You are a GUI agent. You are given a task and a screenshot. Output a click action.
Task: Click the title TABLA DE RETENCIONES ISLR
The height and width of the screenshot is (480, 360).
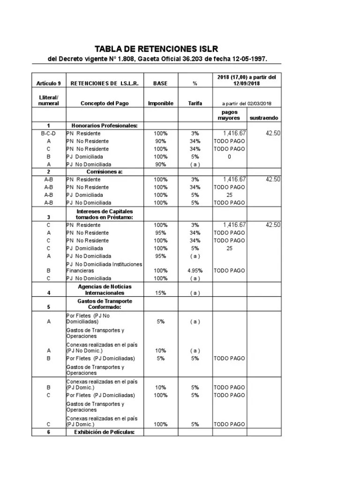click(x=156, y=49)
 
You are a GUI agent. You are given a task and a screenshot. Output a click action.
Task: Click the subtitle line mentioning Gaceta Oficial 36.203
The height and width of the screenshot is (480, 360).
click(x=158, y=60)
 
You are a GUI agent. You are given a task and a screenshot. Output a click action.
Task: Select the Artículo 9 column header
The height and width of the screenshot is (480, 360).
click(x=49, y=83)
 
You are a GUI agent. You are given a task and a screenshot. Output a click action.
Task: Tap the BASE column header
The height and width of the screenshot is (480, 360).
click(x=160, y=83)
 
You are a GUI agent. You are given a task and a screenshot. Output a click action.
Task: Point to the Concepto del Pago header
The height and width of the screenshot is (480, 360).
click(x=104, y=103)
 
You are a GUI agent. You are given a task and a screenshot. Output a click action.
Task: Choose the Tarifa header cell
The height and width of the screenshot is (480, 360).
click(x=195, y=103)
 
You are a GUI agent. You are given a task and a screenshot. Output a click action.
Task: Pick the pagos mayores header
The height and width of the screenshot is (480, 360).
click(x=228, y=115)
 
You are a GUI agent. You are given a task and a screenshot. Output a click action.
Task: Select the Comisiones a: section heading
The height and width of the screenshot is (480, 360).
click(x=104, y=172)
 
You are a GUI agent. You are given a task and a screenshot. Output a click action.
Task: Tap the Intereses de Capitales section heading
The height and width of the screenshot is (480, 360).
click(x=104, y=214)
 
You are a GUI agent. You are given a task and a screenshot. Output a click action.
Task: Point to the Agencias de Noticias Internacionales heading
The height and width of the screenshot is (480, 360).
click(x=104, y=290)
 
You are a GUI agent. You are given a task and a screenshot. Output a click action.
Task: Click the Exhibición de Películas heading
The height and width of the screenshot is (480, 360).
click(x=104, y=432)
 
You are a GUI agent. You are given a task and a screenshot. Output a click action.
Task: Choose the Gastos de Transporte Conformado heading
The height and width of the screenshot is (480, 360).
click(x=104, y=304)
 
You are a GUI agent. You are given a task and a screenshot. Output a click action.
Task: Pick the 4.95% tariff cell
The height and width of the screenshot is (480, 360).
click(x=195, y=270)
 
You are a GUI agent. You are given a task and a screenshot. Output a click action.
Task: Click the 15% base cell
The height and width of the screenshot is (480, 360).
click(x=160, y=293)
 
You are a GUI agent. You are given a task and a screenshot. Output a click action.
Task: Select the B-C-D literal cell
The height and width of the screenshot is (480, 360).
click(x=49, y=134)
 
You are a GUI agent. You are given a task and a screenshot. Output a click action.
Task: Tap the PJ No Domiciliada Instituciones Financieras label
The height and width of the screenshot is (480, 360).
click(x=104, y=267)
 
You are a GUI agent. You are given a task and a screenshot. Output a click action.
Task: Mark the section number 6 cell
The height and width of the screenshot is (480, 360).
click(x=49, y=432)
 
